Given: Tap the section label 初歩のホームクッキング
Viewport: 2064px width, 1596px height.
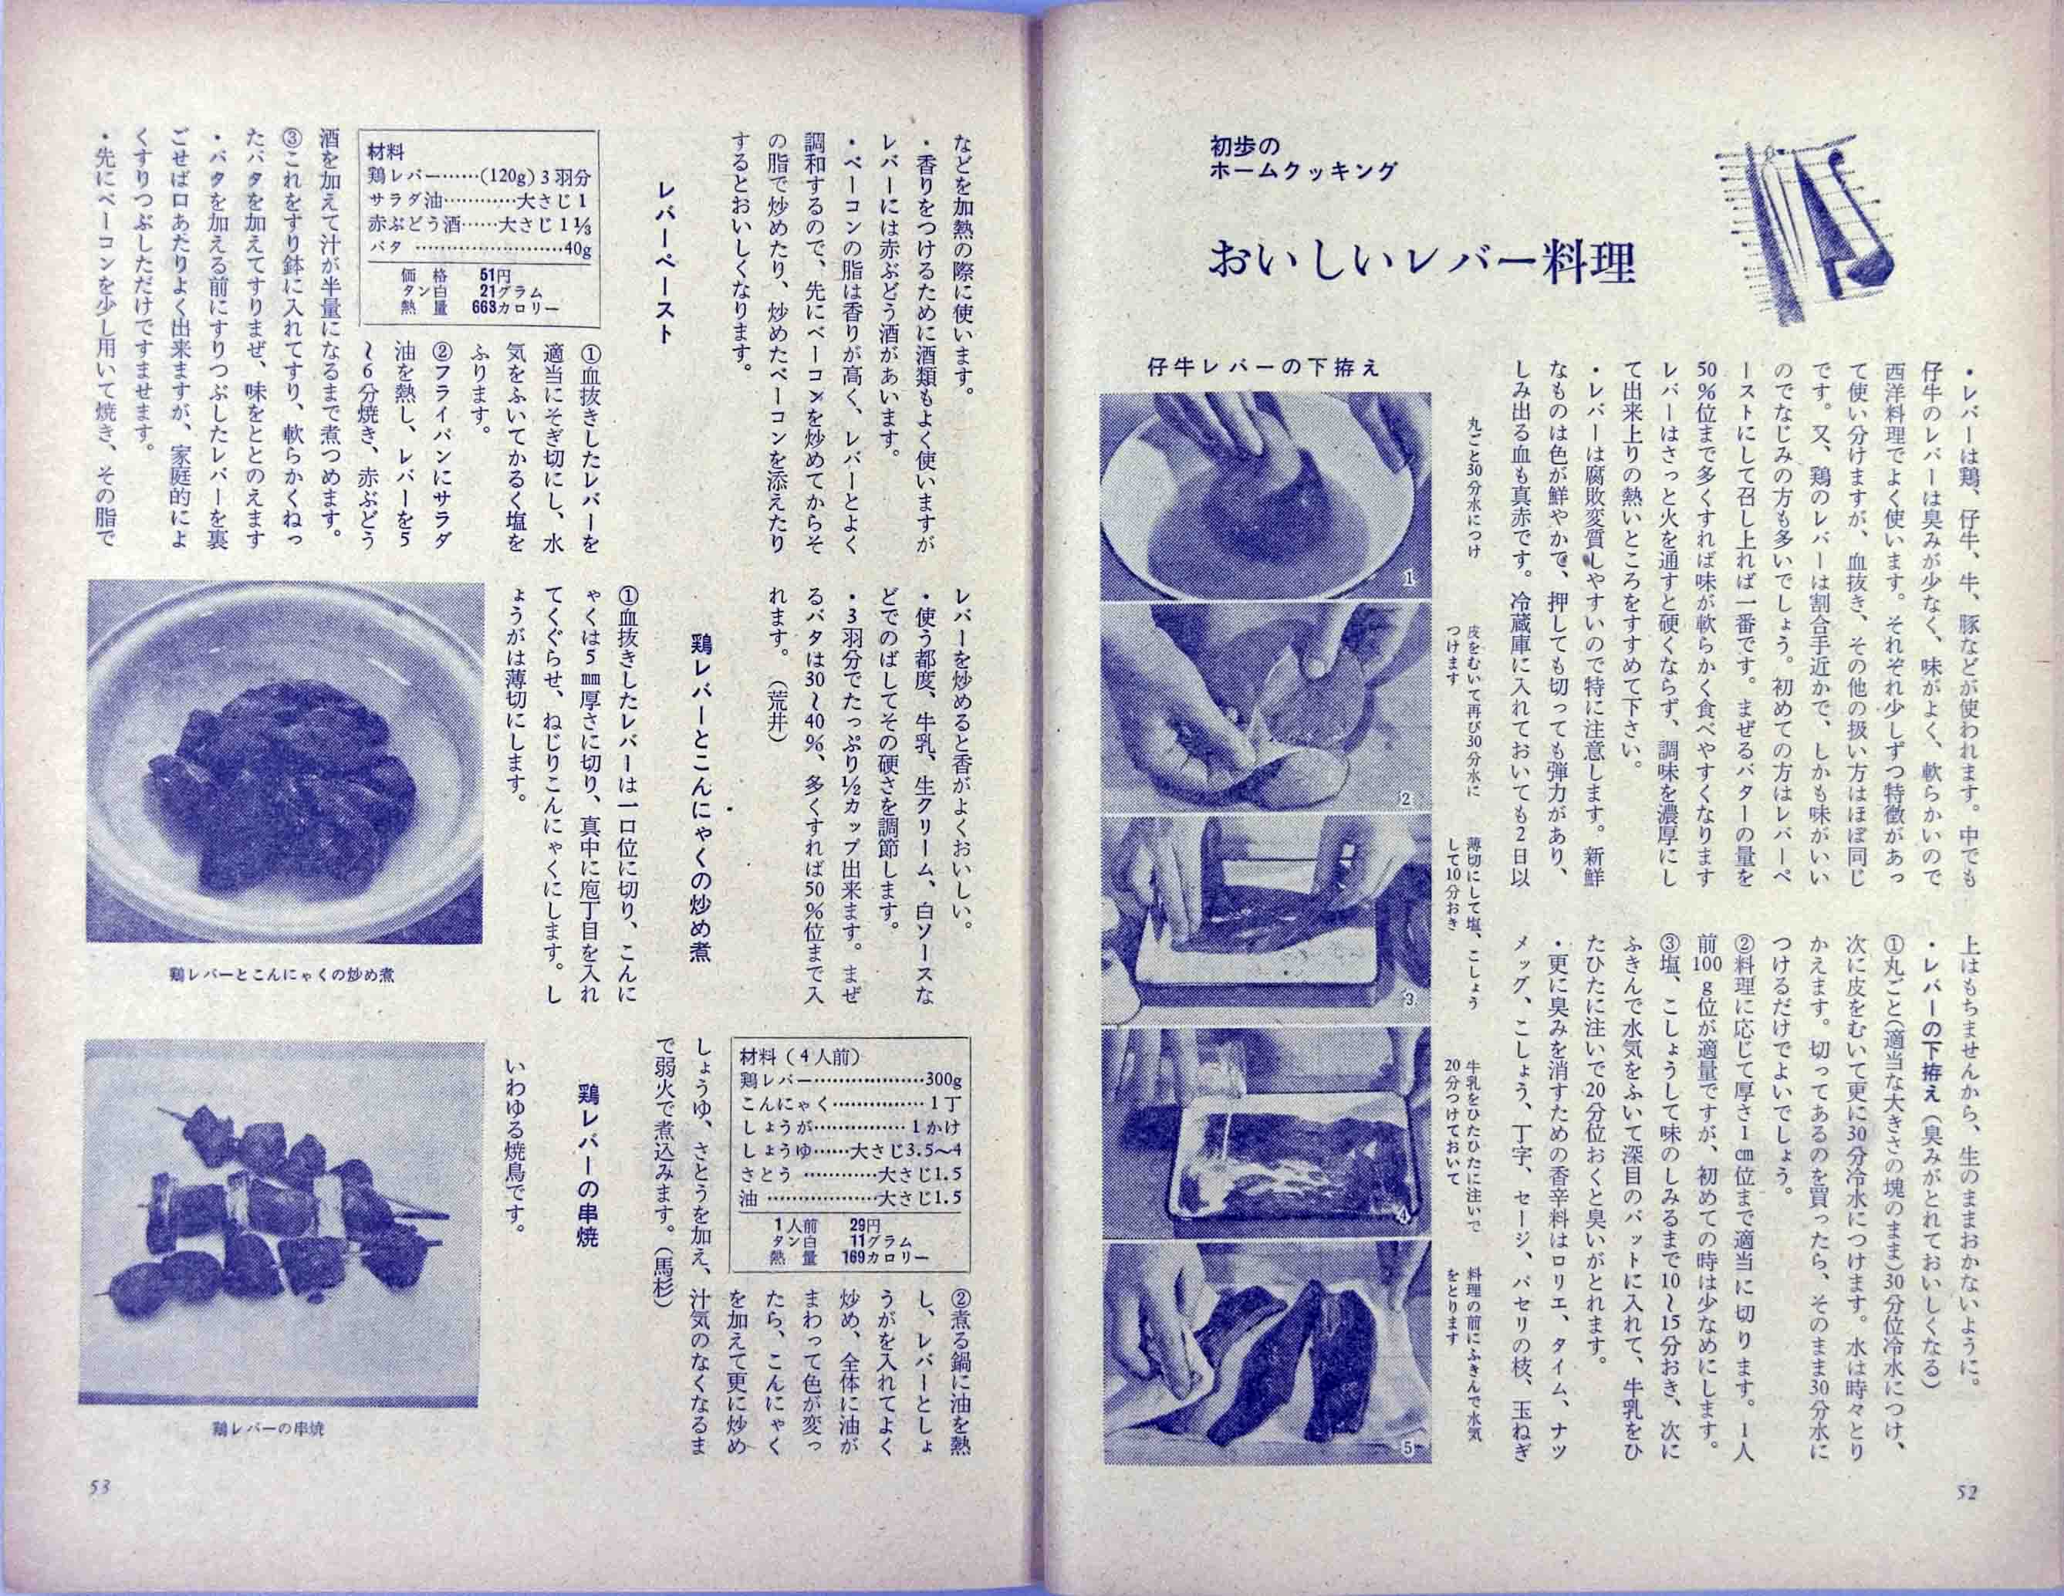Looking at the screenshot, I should tap(1302, 159).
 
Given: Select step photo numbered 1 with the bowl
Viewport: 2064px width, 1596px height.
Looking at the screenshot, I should tap(1265, 496).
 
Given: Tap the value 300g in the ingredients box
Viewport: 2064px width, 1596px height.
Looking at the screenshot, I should tap(942, 1080).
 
